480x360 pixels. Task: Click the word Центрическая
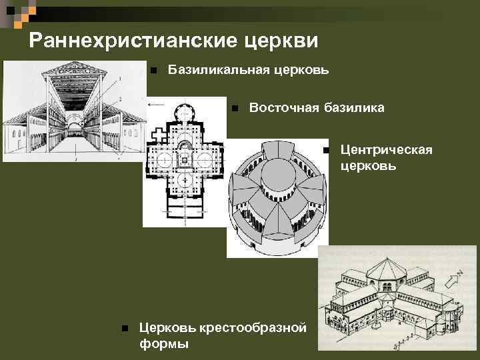(386, 150)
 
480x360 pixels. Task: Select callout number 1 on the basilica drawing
(119, 80)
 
